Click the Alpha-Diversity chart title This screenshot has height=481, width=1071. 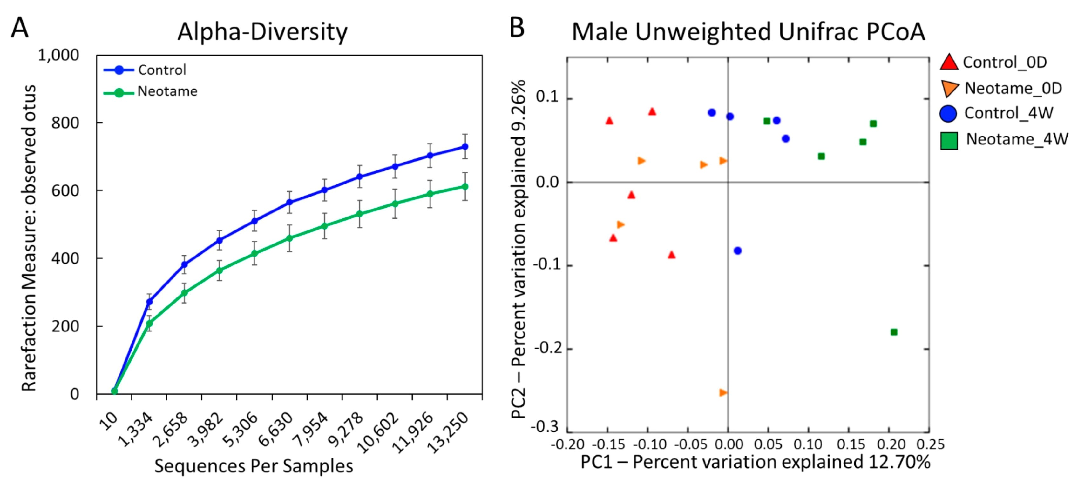click(262, 31)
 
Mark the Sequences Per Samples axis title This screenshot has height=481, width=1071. click(254, 466)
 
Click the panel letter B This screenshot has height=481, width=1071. click(517, 28)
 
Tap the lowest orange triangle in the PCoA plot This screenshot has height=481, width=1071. click(723, 392)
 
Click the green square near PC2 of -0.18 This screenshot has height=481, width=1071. click(894, 332)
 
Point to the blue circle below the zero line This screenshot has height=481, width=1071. click(737, 251)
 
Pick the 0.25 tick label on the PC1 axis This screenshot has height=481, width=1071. click(931, 444)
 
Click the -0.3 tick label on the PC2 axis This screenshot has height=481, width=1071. click(545, 427)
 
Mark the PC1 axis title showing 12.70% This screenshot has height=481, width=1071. click(755, 462)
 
